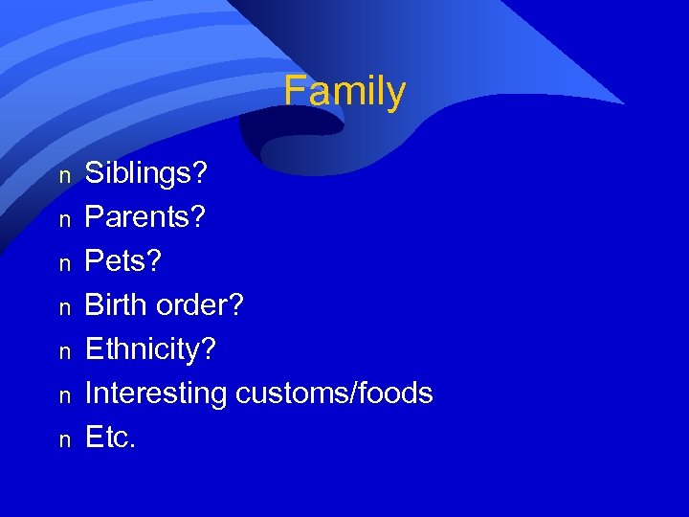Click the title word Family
pyautogui.click(x=344, y=92)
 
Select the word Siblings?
pyautogui.click(x=146, y=174)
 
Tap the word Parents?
pyautogui.click(x=144, y=217)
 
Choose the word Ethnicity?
pyautogui.click(x=151, y=349)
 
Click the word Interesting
pyautogui.click(x=156, y=393)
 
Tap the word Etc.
pyautogui.click(x=111, y=438)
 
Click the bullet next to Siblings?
pyautogui.click(x=64, y=177)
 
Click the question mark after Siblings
pyautogui.click(x=200, y=174)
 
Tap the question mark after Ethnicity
pyautogui.click(x=210, y=349)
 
